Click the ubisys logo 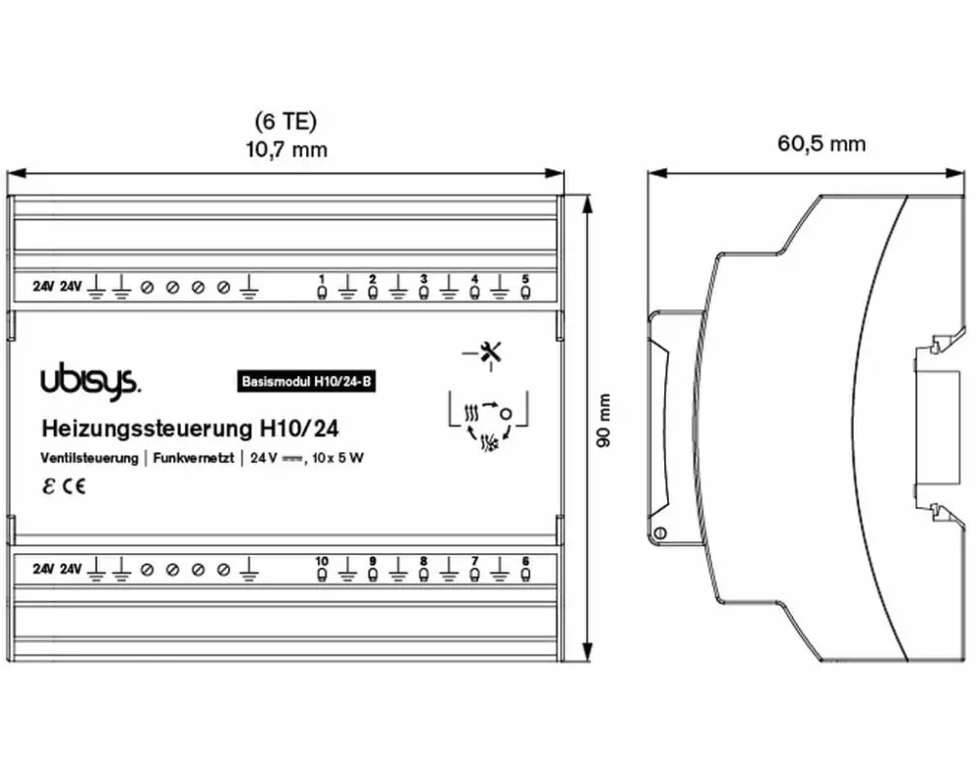coord(90,381)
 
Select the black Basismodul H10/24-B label coord(306,382)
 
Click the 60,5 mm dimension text coord(822,144)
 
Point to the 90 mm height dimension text coord(603,420)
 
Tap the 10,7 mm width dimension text coord(287,150)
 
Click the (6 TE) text coord(286,121)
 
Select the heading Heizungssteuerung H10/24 coord(191,429)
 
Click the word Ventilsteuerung coord(89,458)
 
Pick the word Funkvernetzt coord(194,458)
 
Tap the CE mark coord(73,486)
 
